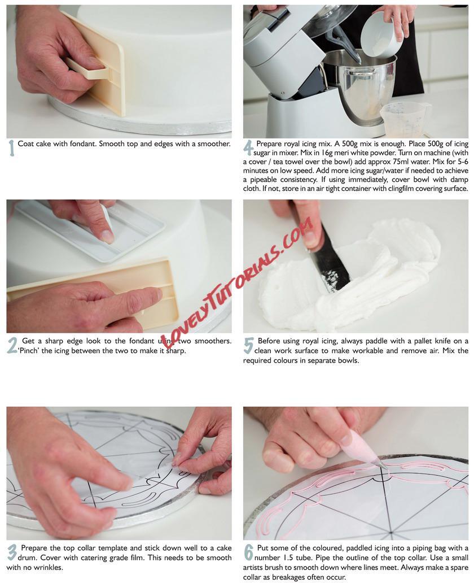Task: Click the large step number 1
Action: click(12, 148)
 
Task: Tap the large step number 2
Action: click(12, 346)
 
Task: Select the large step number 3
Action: click(12, 552)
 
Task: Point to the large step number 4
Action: click(248, 148)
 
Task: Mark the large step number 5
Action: click(248, 346)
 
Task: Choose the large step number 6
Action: click(248, 552)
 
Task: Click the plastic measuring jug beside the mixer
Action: click(403, 120)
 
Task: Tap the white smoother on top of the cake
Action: click(89, 227)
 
